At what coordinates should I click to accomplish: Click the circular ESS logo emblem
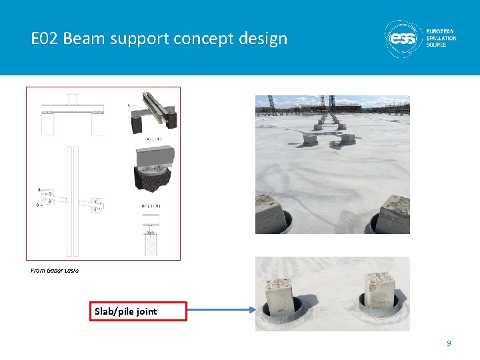pyautogui.click(x=403, y=39)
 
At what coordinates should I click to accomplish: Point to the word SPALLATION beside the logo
pyautogui.click(x=441, y=38)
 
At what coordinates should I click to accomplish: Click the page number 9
pyautogui.click(x=449, y=343)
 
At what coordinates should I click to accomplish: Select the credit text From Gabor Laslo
pyautogui.click(x=55, y=271)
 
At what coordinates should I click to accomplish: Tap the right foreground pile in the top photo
pyautogui.click(x=393, y=215)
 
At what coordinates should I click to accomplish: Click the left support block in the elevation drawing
pyautogui.click(x=47, y=122)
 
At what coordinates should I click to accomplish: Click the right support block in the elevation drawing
pyautogui.click(x=99, y=122)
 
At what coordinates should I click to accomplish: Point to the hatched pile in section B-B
pyautogui.click(x=151, y=244)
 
